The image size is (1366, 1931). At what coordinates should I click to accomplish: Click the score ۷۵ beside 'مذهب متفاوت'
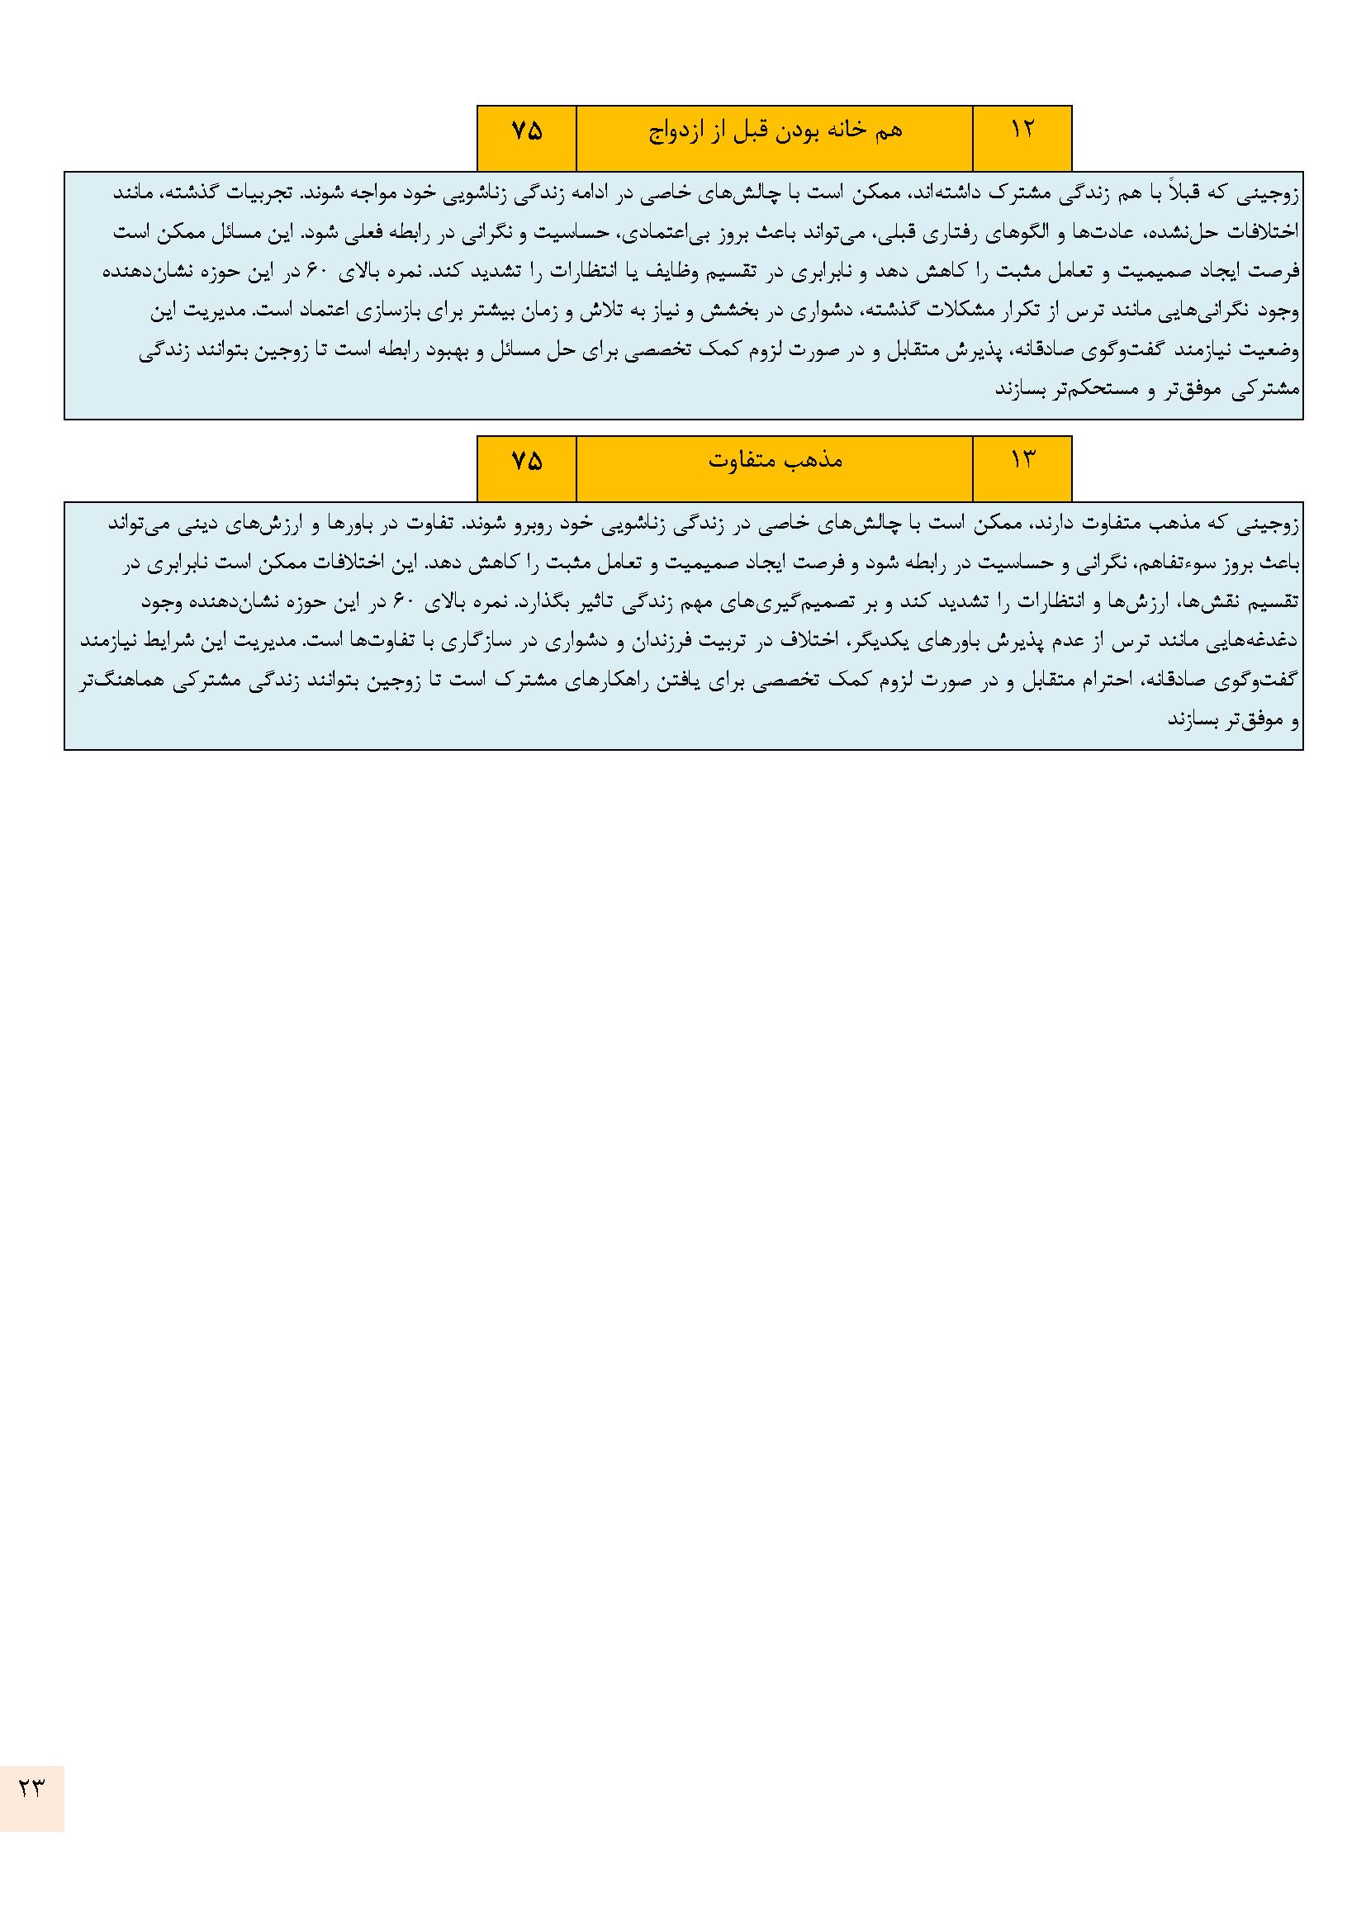pyautogui.click(x=527, y=460)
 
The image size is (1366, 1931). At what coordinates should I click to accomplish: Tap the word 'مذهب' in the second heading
pyautogui.click(x=822, y=461)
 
